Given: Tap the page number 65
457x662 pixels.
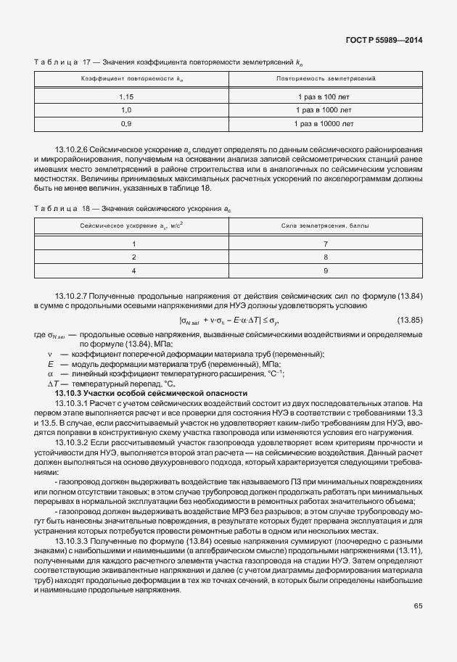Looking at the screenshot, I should (x=418, y=605).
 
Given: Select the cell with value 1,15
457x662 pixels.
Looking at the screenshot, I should (x=125, y=96).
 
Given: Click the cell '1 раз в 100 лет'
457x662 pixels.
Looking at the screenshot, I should (x=325, y=96).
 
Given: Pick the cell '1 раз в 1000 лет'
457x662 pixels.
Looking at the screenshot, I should (x=325, y=110).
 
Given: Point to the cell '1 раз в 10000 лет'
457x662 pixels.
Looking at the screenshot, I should (x=325, y=124).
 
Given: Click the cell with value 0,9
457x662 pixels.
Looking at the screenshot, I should (x=125, y=124).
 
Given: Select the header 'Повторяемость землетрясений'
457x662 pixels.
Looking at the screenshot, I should (x=325, y=77).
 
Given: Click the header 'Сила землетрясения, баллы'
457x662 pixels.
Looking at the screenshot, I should (x=325, y=226).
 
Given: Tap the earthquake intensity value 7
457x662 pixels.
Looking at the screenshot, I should (x=326, y=244).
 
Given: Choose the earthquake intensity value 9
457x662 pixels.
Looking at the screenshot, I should (x=326, y=271).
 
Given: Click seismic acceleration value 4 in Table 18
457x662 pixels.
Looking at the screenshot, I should (x=133, y=271).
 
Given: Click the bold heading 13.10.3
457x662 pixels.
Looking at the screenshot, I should (x=69, y=393).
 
